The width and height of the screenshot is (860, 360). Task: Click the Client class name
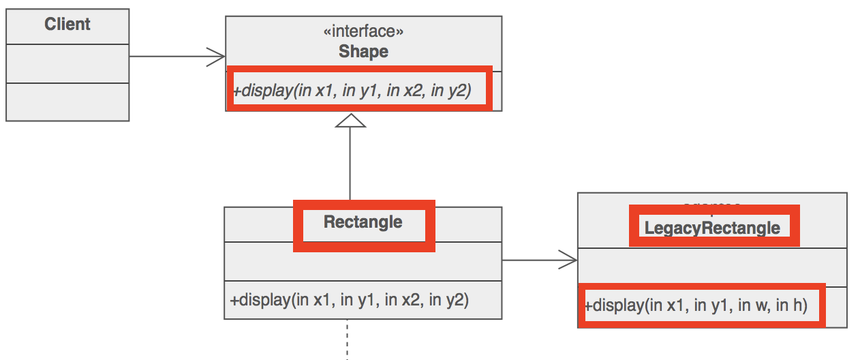point(67,25)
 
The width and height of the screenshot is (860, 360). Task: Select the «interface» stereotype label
point(363,31)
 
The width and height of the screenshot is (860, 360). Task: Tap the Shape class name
point(363,52)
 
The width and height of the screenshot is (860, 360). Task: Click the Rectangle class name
point(363,222)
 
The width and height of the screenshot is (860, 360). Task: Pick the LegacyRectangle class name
point(712,228)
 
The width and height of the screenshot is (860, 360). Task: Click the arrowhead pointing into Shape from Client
point(217,57)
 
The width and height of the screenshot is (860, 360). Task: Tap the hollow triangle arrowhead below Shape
point(350,120)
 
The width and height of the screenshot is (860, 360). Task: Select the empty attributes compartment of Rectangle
point(363,260)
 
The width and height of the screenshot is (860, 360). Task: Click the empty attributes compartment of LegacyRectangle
point(712,267)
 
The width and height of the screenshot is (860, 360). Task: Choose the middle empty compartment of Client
point(67,63)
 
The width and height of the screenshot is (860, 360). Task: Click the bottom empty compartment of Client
point(67,102)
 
